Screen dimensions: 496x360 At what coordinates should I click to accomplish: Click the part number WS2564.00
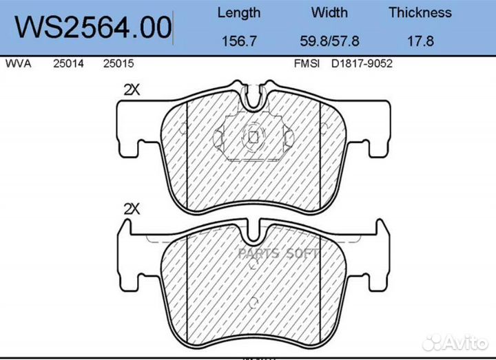click(x=93, y=28)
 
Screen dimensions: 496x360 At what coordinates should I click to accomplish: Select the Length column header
click(x=239, y=13)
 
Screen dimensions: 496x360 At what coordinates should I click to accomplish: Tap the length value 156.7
click(x=239, y=41)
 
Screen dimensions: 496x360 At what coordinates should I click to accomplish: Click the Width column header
click(x=329, y=12)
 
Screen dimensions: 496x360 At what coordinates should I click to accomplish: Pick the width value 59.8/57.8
click(x=329, y=41)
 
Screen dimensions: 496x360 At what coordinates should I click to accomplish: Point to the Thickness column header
click(x=420, y=12)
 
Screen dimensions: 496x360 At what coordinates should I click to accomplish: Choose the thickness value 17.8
click(x=420, y=41)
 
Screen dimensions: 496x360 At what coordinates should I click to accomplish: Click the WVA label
click(x=18, y=63)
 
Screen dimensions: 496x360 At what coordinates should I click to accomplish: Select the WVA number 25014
click(x=68, y=63)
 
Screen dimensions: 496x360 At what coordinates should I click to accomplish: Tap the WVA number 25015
click(x=118, y=63)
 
